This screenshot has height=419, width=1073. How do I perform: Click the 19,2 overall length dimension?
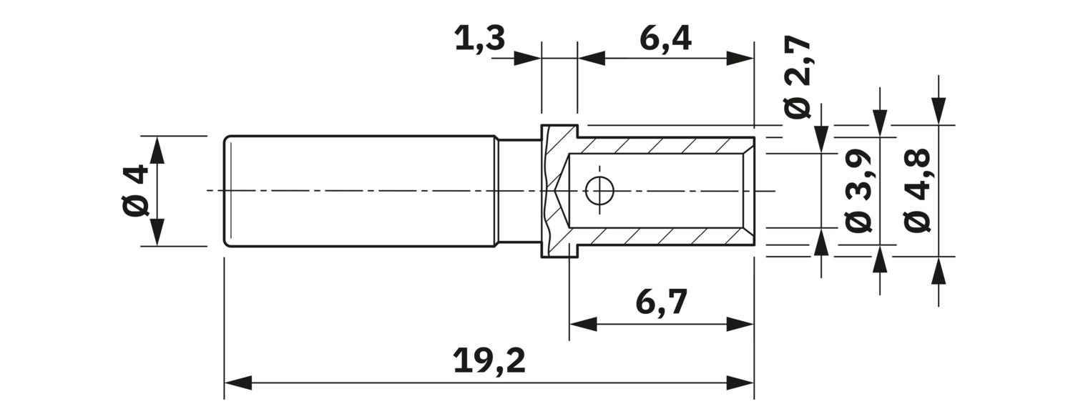coord(489,361)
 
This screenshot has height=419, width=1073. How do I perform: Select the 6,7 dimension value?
coord(661,303)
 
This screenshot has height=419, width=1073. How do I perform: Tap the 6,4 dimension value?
coord(665,39)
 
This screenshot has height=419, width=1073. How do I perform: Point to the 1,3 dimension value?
coord(479,39)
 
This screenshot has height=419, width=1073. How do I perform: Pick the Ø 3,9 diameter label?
coord(858,190)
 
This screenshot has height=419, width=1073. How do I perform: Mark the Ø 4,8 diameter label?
coord(917,190)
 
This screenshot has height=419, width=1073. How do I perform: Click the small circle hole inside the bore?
coord(599,191)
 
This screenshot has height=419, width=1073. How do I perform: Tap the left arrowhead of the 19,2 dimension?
coord(237,383)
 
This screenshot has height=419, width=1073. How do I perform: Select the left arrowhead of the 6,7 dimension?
coord(582,324)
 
